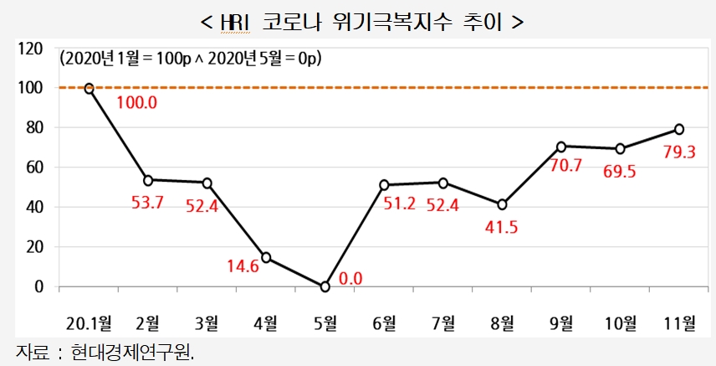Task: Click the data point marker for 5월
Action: [x=325, y=286]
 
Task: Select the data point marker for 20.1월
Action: [x=89, y=88]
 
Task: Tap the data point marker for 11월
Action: [x=679, y=129]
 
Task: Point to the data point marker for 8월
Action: [x=502, y=204]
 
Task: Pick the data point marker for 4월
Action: [x=266, y=257]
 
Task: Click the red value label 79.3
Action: [x=678, y=153]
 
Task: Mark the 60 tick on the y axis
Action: [x=33, y=168]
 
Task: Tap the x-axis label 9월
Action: [x=560, y=322]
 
